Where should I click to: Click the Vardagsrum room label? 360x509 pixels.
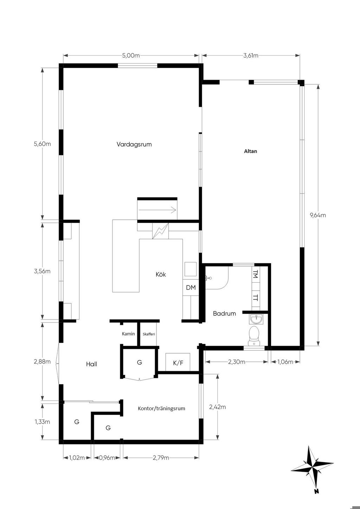(x=134, y=144)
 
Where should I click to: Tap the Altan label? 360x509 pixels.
(x=251, y=151)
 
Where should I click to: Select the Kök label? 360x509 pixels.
(x=161, y=274)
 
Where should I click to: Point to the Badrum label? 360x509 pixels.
(x=224, y=313)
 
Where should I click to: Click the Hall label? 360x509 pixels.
(x=91, y=364)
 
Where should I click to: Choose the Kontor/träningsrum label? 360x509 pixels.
(x=161, y=408)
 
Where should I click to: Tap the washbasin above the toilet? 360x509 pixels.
(x=256, y=319)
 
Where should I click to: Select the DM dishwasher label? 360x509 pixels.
(x=191, y=288)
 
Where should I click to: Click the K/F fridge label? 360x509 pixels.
(x=178, y=363)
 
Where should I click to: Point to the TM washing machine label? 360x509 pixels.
(x=256, y=274)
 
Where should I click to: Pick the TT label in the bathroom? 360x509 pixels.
(x=256, y=298)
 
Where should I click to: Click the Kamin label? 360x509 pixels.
(x=128, y=334)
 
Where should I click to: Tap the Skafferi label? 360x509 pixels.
(x=149, y=334)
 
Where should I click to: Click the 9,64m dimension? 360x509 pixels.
(x=318, y=215)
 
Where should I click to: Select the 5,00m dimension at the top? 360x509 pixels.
(x=131, y=56)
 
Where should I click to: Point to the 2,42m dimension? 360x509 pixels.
(x=217, y=407)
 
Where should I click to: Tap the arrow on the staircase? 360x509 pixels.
(x=157, y=210)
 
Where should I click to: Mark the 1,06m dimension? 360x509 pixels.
(x=285, y=362)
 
